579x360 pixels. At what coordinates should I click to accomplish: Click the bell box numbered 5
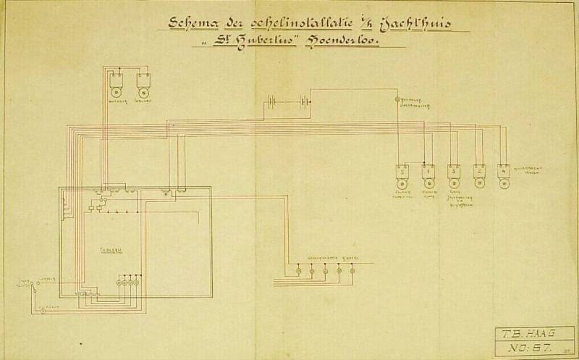402,172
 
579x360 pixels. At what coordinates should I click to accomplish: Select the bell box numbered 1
428,172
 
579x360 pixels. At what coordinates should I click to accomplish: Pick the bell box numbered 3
454,172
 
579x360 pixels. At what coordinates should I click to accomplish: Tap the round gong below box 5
402,185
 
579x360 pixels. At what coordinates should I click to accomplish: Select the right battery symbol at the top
305,101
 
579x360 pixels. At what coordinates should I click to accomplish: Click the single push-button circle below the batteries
397,98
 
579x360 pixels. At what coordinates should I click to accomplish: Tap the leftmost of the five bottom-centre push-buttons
298,272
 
